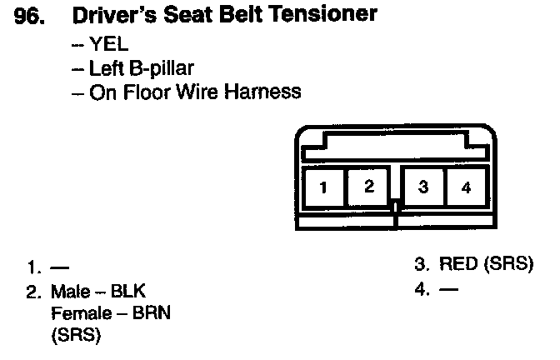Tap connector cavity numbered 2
tap(369, 187)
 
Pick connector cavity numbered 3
tap(422, 187)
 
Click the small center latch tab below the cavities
tap(397, 206)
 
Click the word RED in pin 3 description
tap(457, 266)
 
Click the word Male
tap(70, 292)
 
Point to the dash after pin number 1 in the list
tap(59, 268)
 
